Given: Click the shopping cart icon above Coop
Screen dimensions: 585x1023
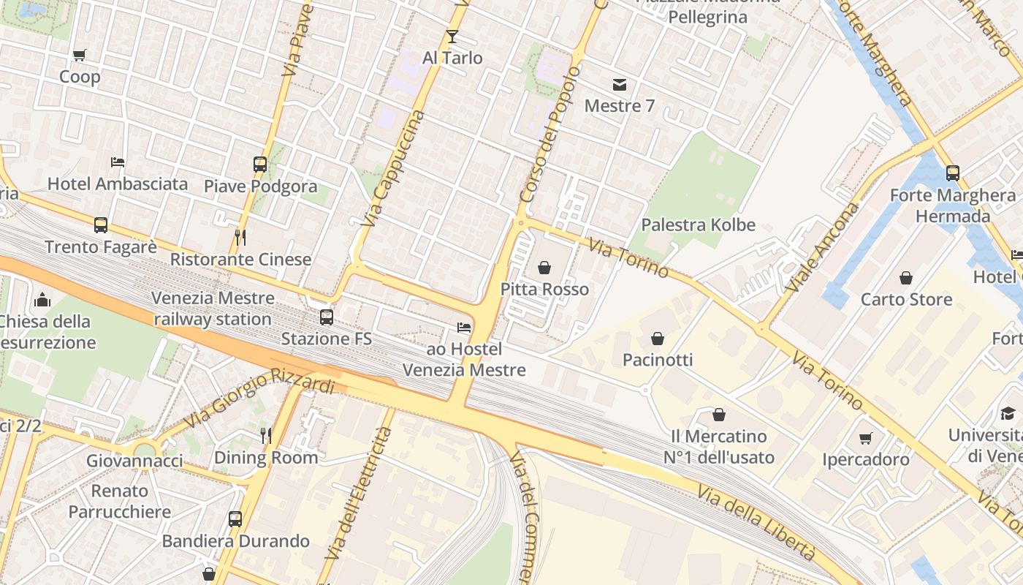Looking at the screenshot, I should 80,55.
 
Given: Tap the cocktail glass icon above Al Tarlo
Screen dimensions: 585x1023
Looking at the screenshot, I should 452,36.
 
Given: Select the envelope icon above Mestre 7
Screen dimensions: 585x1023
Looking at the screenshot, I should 620,84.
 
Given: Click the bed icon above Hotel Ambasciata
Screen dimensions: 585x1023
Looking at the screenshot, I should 118,162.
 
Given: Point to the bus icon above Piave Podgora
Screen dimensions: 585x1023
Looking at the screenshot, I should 260,164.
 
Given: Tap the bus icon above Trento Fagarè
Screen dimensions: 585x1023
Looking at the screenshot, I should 101,224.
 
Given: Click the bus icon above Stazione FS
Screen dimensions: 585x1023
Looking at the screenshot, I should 327,317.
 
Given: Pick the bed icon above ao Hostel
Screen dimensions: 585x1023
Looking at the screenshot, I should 464,327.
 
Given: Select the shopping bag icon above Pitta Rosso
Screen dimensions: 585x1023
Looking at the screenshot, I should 544,268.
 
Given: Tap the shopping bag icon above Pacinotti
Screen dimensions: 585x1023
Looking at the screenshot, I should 658,338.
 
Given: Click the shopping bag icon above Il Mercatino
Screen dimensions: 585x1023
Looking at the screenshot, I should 719,415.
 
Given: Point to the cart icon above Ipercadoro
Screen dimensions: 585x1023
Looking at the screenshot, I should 866,437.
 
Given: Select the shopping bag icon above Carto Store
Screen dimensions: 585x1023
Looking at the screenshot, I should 906,277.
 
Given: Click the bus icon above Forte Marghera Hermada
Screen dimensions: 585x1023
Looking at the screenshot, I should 953,173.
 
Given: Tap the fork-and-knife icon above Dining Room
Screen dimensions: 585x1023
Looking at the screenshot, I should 266,436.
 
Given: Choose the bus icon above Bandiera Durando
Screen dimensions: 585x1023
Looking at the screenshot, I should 235,519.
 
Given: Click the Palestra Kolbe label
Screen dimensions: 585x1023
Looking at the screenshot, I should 698,224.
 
